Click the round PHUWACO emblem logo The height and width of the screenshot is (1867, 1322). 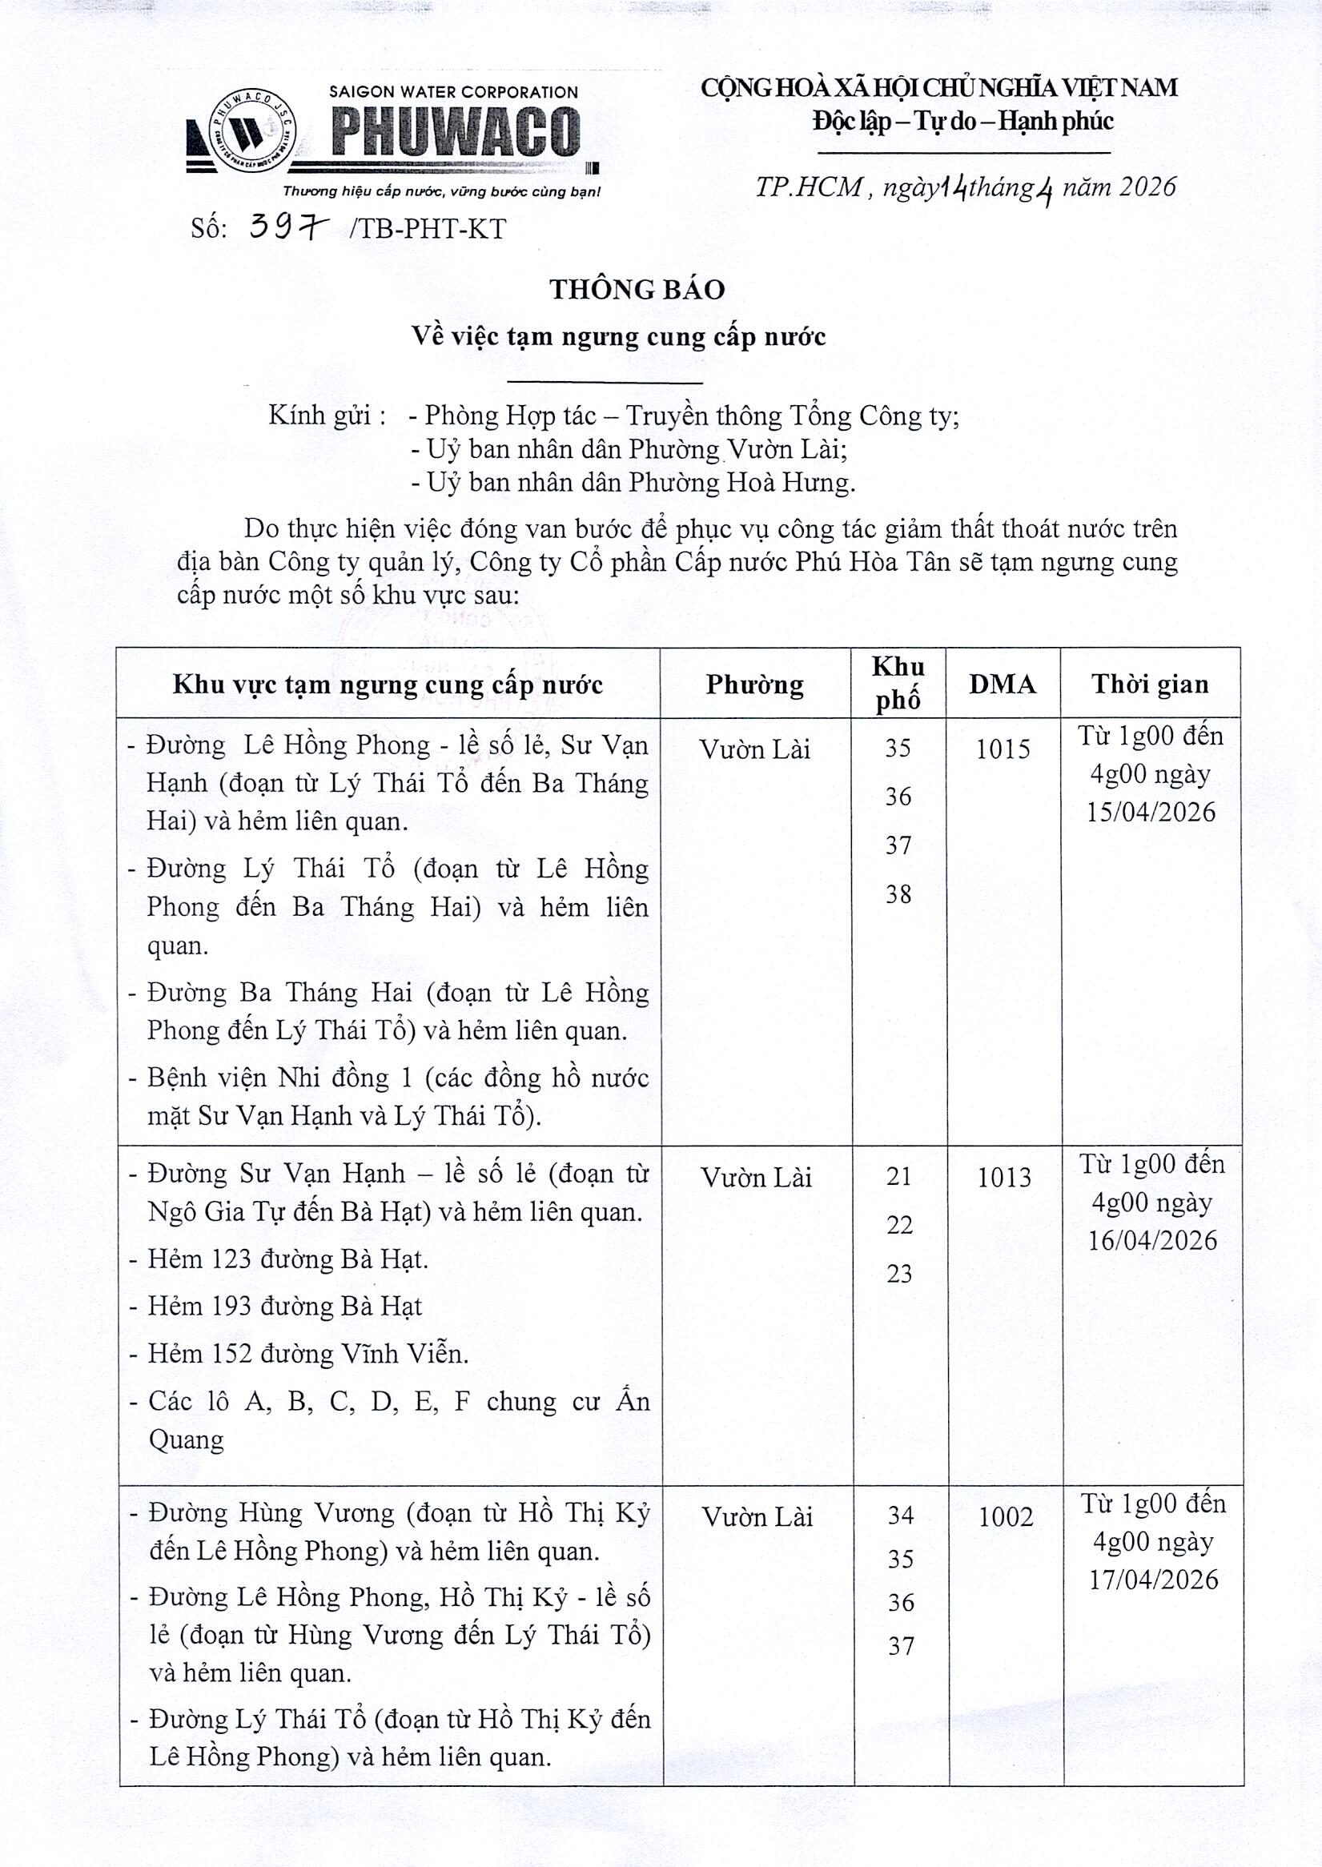pyautogui.click(x=252, y=130)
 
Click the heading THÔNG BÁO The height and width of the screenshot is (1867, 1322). pyautogui.click(x=637, y=290)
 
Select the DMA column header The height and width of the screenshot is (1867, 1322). pyautogui.click(x=1002, y=685)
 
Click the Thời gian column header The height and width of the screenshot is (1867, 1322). pyautogui.click(x=1149, y=685)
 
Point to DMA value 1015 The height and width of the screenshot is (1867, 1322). pyautogui.click(x=1003, y=749)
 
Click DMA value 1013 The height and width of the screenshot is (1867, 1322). pyautogui.click(x=1003, y=1178)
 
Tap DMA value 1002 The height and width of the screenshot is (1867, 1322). pyautogui.click(x=1006, y=1516)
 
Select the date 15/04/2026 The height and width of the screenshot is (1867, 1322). pyautogui.click(x=1150, y=813)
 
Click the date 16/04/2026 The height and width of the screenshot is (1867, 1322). pyautogui.click(x=1152, y=1240)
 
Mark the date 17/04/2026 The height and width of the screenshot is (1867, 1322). pyautogui.click(x=1154, y=1580)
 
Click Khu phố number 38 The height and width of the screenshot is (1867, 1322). pyautogui.click(x=898, y=894)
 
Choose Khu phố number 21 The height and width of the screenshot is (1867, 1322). pyautogui.click(x=898, y=1176)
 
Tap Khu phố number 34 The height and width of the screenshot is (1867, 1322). pyautogui.click(x=900, y=1516)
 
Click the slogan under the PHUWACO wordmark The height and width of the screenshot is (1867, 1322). pyautogui.click(x=441, y=192)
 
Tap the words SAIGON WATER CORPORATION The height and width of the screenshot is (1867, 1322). pyautogui.click(x=453, y=93)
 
